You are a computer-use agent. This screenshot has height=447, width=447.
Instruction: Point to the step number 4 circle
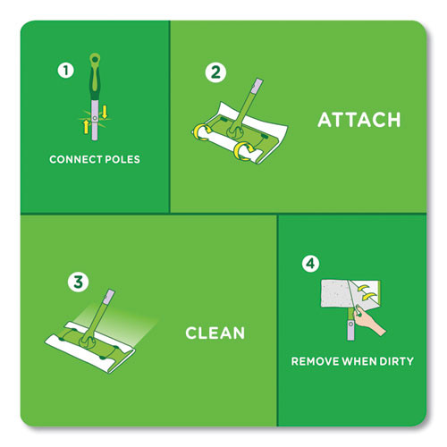[x=310, y=264]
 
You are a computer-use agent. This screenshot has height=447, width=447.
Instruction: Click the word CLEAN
[x=215, y=333]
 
